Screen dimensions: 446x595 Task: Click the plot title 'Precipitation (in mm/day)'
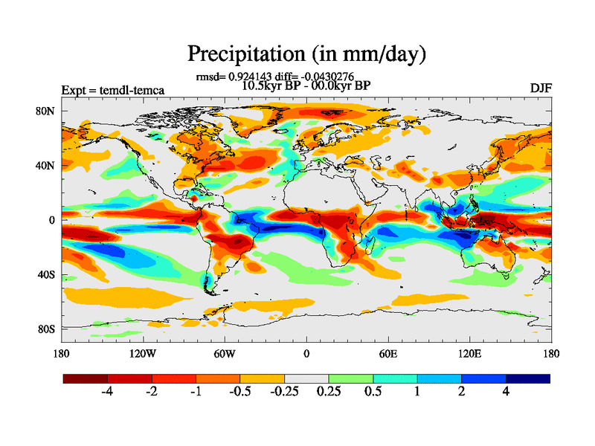(x=306, y=54)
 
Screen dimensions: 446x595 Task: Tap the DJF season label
(x=541, y=88)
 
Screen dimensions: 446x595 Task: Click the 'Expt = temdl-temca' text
(x=113, y=91)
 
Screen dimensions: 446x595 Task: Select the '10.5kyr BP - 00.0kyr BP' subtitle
(x=306, y=85)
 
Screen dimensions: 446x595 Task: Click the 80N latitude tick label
(x=46, y=111)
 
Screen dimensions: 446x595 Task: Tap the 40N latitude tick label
(x=46, y=166)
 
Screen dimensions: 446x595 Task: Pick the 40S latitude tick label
(x=46, y=274)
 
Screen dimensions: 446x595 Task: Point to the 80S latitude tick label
(x=46, y=329)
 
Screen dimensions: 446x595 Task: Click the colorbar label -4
(x=106, y=392)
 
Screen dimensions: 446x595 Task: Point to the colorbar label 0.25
(x=328, y=392)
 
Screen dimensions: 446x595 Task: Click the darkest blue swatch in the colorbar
(x=528, y=378)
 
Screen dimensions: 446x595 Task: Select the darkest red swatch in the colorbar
(x=86, y=378)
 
